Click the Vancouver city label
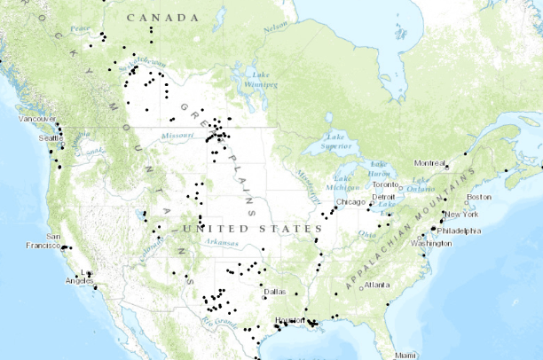click(38, 118)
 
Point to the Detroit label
click(383, 197)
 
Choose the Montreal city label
click(429, 163)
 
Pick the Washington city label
click(431, 243)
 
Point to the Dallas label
click(274, 291)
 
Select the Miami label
click(405, 355)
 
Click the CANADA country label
click(162, 18)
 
